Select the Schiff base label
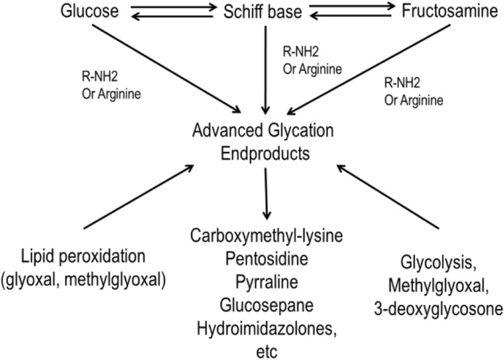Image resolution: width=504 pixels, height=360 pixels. tap(265, 11)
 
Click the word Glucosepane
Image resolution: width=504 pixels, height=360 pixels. tap(266, 304)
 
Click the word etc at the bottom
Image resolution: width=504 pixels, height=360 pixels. tap(266, 349)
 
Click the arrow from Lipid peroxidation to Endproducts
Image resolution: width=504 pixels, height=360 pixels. tap(138, 196)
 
